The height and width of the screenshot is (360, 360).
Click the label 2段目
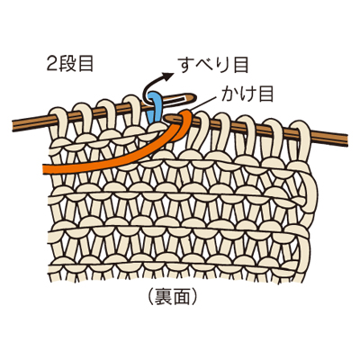70,64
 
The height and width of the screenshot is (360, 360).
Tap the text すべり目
213,65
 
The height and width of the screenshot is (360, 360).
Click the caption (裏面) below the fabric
173,296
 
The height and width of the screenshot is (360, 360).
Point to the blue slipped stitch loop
155,105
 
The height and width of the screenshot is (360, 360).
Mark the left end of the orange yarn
44,168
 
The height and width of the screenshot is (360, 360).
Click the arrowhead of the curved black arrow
169,76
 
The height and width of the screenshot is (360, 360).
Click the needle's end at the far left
13,126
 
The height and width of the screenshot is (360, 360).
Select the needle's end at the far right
346,139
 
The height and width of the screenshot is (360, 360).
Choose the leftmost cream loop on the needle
58,123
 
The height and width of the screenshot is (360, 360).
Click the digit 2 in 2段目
51,64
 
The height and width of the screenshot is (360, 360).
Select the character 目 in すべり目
240,65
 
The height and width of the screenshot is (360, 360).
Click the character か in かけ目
229,94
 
